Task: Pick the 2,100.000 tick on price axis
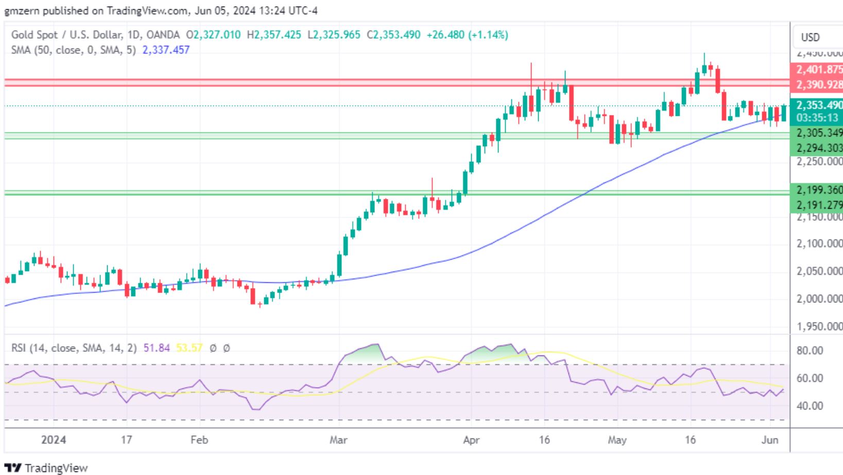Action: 819,244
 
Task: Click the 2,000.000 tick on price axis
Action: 819,299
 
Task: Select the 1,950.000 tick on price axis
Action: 819,327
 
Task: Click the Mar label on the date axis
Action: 338,440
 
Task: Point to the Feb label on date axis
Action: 199,440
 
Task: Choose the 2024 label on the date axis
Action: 54,440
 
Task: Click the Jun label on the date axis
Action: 769,440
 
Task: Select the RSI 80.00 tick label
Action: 810,351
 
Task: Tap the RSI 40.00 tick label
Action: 810,406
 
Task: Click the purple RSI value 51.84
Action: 157,348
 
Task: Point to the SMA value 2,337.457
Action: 165,50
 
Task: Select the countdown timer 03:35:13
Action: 817,117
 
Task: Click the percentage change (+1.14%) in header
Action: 487,35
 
